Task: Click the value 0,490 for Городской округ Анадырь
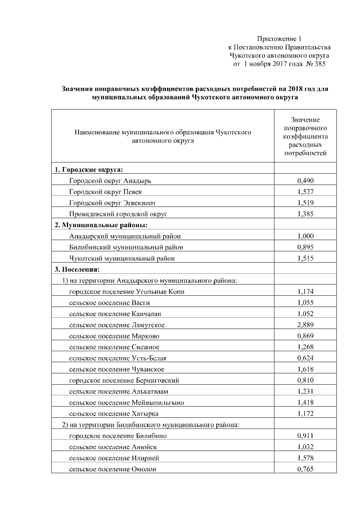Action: click(x=305, y=181)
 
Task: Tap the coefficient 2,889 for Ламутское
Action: click(x=305, y=325)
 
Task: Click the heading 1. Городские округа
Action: click(x=88, y=169)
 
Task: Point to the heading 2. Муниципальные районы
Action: click(x=93, y=225)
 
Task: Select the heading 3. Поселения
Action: click(x=76, y=269)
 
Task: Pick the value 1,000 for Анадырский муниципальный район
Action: click(x=305, y=236)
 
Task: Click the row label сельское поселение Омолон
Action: click(x=112, y=469)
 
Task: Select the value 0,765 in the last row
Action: click(x=305, y=469)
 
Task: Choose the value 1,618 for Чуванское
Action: click(x=305, y=369)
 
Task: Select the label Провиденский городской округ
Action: click(x=119, y=214)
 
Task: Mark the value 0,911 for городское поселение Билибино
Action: click(x=305, y=436)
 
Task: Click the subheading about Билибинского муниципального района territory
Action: click(x=150, y=425)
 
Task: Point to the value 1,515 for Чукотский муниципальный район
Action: click(x=305, y=258)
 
